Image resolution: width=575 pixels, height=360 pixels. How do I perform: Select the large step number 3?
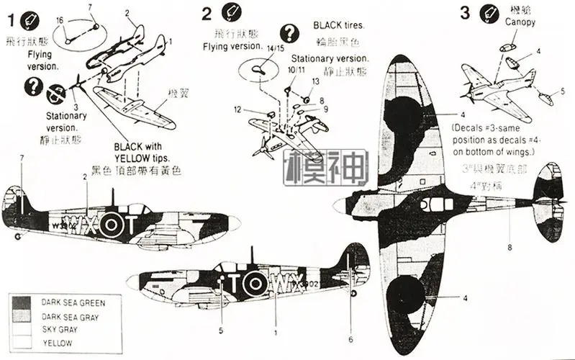(x=464, y=12)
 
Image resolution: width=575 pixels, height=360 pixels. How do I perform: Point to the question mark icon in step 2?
(x=289, y=32)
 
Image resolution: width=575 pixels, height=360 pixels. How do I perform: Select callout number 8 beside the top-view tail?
(x=509, y=248)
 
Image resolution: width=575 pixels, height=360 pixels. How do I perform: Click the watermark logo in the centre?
(x=326, y=168)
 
